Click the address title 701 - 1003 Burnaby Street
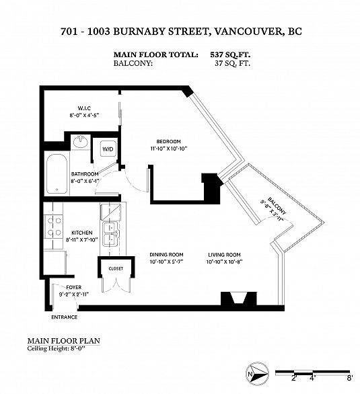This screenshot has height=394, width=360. [180, 31]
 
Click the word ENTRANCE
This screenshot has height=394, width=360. [64, 317]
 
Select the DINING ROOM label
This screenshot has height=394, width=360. [166, 254]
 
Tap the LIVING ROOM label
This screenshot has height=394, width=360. [224, 254]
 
